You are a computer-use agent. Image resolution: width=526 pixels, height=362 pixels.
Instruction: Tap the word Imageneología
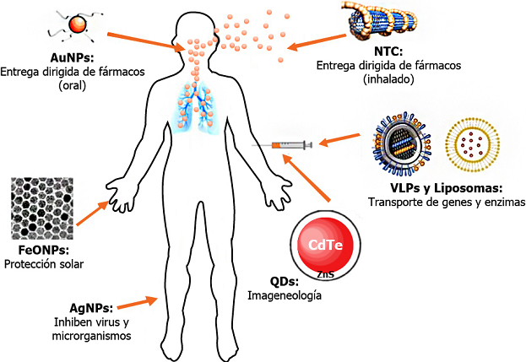pos(281,296)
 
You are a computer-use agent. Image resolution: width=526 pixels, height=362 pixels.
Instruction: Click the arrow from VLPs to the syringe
pos(347,136)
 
